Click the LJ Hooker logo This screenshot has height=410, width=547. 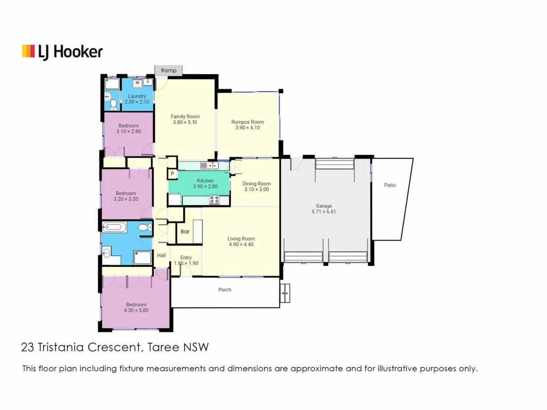pyautogui.click(x=62, y=51)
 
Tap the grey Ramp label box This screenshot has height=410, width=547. pyautogui.click(x=169, y=71)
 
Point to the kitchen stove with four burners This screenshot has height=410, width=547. pyautogui.click(x=214, y=199)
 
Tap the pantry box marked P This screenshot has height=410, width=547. pyautogui.click(x=172, y=174)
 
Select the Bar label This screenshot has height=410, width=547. pyautogui.click(x=185, y=231)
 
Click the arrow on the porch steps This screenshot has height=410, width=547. pyautogui.click(x=285, y=294)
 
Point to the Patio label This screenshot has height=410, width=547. pyautogui.click(x=390, y=185)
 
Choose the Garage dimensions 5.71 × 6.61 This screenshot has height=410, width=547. pyautogui.click(x=324, y=212)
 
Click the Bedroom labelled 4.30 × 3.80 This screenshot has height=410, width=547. pyautogui.click(x=136, y=310)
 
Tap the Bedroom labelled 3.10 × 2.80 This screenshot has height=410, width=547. pyautogui.click(x=129, y=131)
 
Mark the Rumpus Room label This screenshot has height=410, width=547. pyautogui.click(x=248, y=122)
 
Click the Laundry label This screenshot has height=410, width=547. pyautogui.click(x=137, y=96)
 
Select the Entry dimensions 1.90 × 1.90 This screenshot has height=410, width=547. pyautogui.click(x=186, y=263)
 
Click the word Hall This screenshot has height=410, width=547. pyautogui.click(x=161, y=256)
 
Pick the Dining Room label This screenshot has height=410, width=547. pyautogui.click(x=257, y=184)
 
